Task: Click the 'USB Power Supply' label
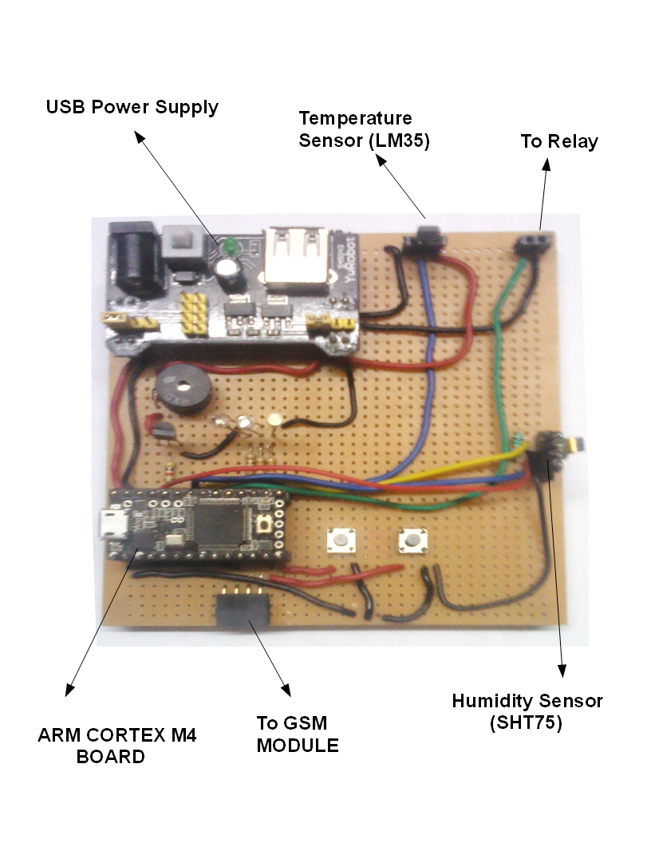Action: point(132,107)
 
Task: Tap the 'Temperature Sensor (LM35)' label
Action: point(364,129)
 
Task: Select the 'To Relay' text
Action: point(559,141)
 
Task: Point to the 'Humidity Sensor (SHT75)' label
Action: point(527,712)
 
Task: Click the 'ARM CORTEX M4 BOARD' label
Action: point(116,746)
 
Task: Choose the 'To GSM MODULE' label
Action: point(297,734)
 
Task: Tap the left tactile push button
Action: point(341,540)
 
